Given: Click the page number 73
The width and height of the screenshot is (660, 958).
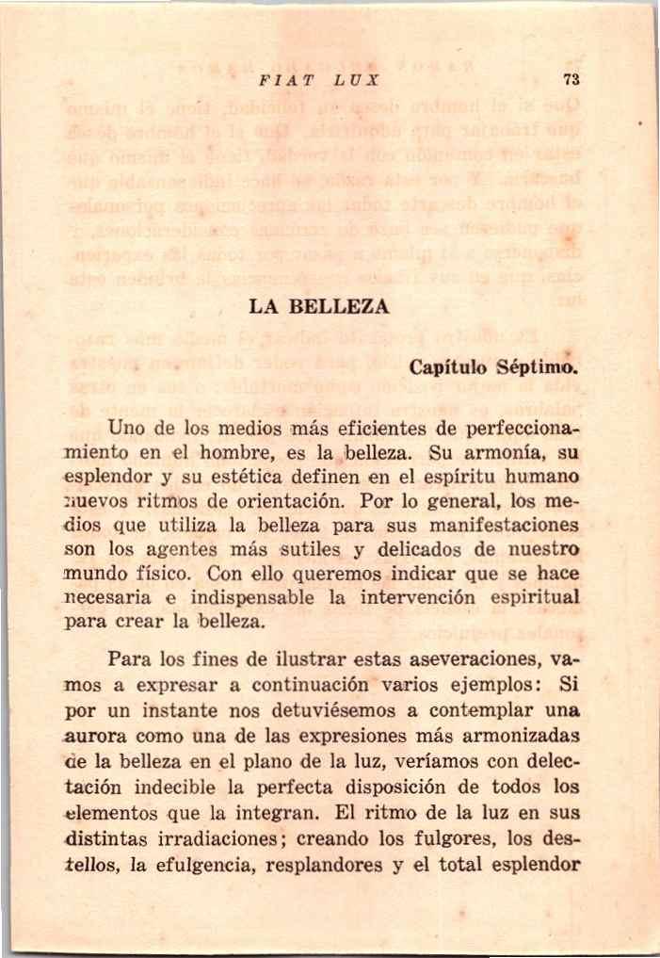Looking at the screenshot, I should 571,80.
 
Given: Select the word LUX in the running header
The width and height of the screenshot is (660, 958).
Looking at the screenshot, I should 336,80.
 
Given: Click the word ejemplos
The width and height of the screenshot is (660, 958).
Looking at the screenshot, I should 492,682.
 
